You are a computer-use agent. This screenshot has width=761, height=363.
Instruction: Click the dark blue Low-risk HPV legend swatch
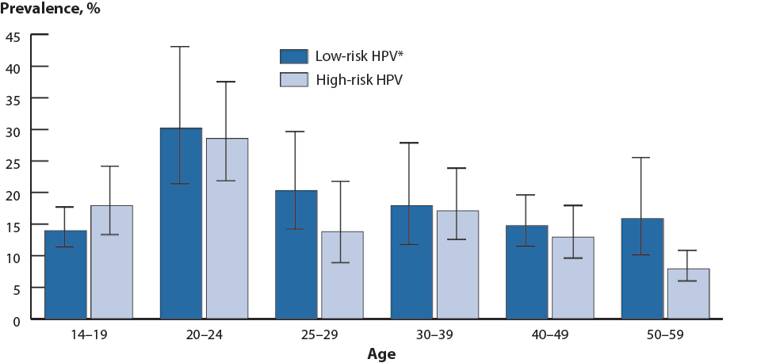coord(293,56)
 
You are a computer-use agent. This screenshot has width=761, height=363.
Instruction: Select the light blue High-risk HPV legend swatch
coord(293,79)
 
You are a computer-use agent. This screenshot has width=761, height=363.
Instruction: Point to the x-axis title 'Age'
coord(380,354)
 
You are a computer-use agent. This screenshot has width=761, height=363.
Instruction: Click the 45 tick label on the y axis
coord(13,36)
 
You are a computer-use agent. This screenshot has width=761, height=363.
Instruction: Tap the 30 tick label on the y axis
coord(13,130)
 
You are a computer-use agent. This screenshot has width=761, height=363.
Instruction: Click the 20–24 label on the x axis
coord(204,335)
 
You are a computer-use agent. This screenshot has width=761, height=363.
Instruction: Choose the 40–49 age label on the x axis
coord(550,335)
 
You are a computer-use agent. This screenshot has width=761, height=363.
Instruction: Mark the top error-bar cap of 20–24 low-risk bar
coord(181,47)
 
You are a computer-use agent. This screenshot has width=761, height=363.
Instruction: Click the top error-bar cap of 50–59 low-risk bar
coord(642,158)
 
